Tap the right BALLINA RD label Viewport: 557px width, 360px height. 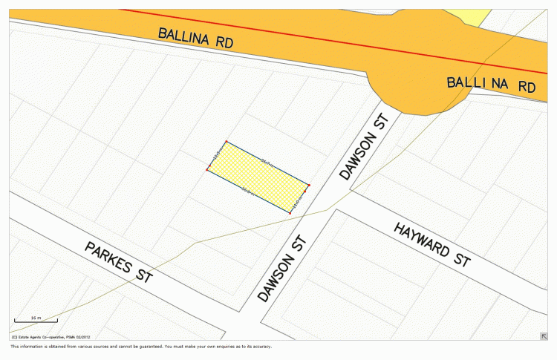(x=491, y=84)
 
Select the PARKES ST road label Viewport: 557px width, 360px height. (x=118, y=262)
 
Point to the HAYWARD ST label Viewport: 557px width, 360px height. (x=432, y=243)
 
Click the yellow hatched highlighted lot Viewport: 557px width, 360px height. (x=257, y=177)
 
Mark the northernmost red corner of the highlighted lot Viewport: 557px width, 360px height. (x=227, y=141)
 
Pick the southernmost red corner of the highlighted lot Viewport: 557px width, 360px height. (x=290, y=213)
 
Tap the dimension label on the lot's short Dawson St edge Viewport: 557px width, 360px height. (x=299, y=199)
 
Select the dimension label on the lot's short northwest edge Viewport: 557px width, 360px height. (x=217, y=156)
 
